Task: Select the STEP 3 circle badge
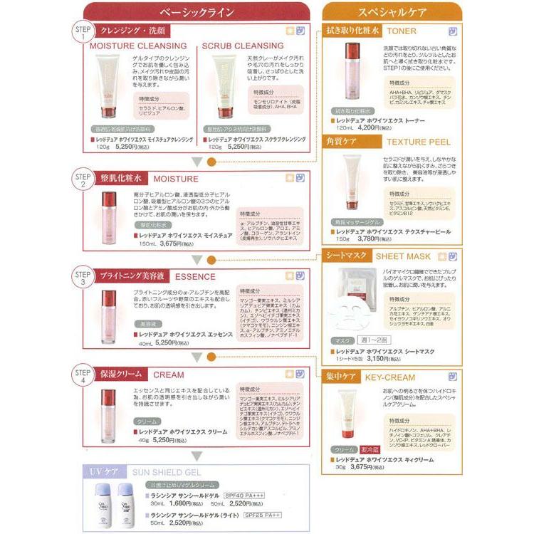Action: click(x=83, y=278)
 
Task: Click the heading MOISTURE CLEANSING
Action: click(x=138, y=45)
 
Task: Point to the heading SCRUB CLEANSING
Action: click(x=243, y=45)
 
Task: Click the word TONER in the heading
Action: click(x=402, y=31)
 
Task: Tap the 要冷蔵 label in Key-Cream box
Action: click(x=372, y=449)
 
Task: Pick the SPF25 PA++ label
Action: click(x=263, y=515)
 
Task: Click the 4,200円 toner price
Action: click(x=359, y=127)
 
